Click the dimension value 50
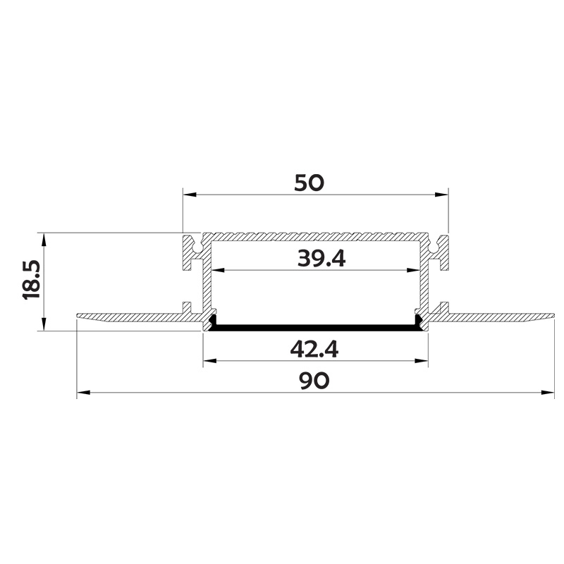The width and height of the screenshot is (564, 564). (309, 183)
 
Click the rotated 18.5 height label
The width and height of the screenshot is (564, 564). (32, 280)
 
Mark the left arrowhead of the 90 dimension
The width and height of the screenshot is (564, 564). (82, 392)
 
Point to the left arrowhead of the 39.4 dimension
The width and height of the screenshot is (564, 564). (219, 270)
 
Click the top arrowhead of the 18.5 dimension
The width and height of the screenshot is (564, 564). (44, 238)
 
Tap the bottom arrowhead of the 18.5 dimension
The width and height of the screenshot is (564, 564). (44, 325)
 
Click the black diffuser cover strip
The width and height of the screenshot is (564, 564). (315, 326)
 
